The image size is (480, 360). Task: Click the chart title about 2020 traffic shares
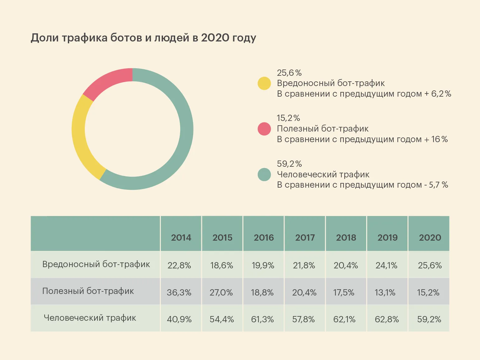(x=143, y=38)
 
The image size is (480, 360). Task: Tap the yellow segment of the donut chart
(x=82, y=137)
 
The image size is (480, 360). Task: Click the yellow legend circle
(x=264, y=83)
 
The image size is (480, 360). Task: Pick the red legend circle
(x=264, y=129)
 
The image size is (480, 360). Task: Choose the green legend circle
(x=264, y=175)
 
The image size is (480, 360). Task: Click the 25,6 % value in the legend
(x=289, y=73)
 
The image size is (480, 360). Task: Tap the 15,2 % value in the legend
(x=288, y=118)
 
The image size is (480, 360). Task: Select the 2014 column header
(x=181, y=238)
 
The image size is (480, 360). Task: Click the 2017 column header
(x=305, y=238)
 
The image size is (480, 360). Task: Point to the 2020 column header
(x=430, y=238)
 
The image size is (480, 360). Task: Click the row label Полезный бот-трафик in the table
(x=88, y=291)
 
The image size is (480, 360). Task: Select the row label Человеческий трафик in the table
(x=90, y=318)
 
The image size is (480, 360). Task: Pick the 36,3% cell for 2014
(x=179, y=292)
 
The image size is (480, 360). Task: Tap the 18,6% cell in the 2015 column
(x=222, y=265)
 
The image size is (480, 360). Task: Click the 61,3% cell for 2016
(x=262, y=319)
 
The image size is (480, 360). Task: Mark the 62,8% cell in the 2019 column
(x=386, y=319)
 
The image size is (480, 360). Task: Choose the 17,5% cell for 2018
(x=344, y=292)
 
